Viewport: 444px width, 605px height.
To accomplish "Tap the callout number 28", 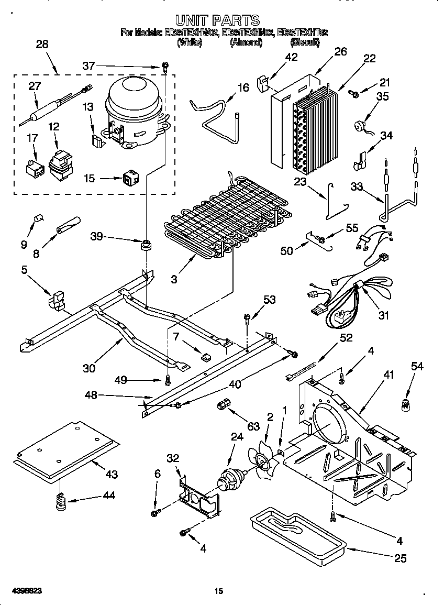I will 42,45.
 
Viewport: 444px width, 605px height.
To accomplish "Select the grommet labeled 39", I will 145,245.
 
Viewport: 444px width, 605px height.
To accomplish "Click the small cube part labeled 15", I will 129,179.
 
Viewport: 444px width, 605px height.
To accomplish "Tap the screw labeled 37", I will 165,66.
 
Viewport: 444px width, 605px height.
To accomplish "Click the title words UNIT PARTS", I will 217,20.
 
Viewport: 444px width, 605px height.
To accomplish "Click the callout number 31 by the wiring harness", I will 384,315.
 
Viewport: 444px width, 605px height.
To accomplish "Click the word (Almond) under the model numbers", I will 246,42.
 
